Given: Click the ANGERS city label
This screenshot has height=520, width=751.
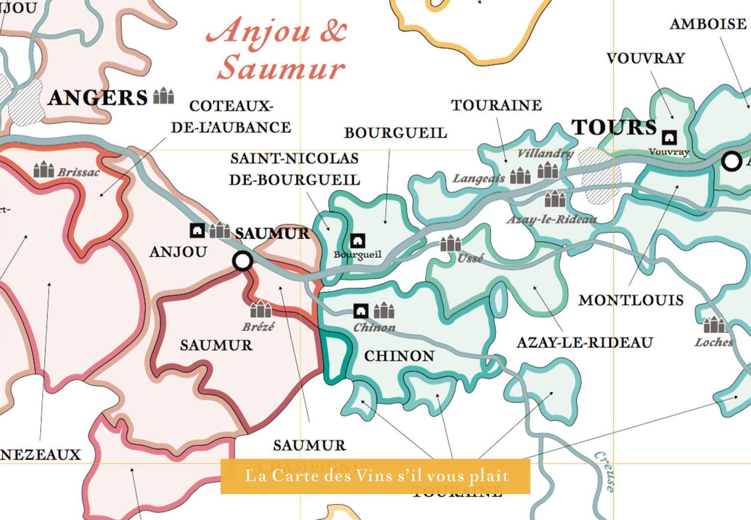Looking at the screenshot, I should [x=98, y=98].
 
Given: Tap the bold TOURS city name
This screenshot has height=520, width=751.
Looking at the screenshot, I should [x=614, y=127].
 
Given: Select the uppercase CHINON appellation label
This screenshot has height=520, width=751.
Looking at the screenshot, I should [x=399, y=356].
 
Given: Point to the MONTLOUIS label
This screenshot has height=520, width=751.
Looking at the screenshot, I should [x=631, y=300].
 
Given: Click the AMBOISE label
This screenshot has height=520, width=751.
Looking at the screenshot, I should [x=707, y=24].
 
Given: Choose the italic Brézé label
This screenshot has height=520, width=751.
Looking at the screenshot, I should [x=258, y=327].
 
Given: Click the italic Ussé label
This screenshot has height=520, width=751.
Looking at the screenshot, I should [x=470, y=258].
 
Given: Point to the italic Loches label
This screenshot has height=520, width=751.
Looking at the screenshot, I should [x=714, y=342].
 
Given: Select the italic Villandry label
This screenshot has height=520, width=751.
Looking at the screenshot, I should [x=545, y=153].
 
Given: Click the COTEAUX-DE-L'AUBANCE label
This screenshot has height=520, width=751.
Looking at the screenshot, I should [x=230, y=117].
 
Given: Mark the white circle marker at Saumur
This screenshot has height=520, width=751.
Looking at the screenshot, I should [x=243, y=261].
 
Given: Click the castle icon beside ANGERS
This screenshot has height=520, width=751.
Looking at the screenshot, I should [x=163, y=96].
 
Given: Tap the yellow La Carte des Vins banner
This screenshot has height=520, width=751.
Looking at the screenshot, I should [x=375, y=476].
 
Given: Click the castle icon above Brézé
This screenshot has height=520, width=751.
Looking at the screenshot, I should [x=260, y=310].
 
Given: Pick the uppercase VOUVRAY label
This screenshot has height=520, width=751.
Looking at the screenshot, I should [x=645, y=58].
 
